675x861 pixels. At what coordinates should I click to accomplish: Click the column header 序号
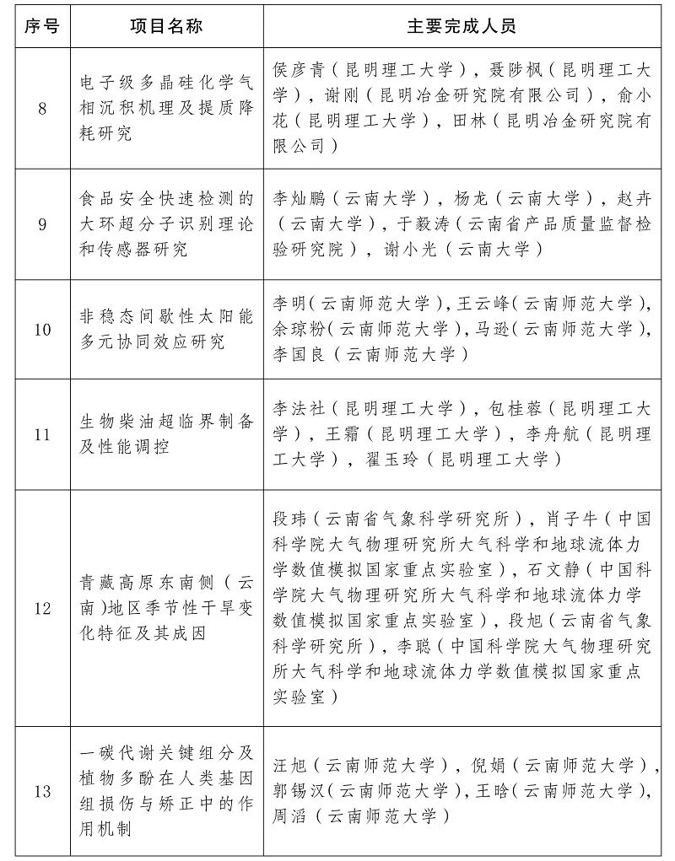[42, 25]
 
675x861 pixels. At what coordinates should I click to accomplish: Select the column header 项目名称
[166, 25]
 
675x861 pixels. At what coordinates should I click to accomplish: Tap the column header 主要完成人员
[462, 25]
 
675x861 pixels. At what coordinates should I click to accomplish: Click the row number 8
[42, 109]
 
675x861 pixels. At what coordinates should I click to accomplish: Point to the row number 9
[42, 225]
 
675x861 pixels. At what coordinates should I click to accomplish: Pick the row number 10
[42, 330]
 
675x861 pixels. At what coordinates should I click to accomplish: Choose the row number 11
[42, 435]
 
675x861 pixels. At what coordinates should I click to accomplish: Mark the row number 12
[42, 608]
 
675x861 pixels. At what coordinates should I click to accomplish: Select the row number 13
[42, 791]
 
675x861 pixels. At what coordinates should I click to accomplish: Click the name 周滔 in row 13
[289, 816]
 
